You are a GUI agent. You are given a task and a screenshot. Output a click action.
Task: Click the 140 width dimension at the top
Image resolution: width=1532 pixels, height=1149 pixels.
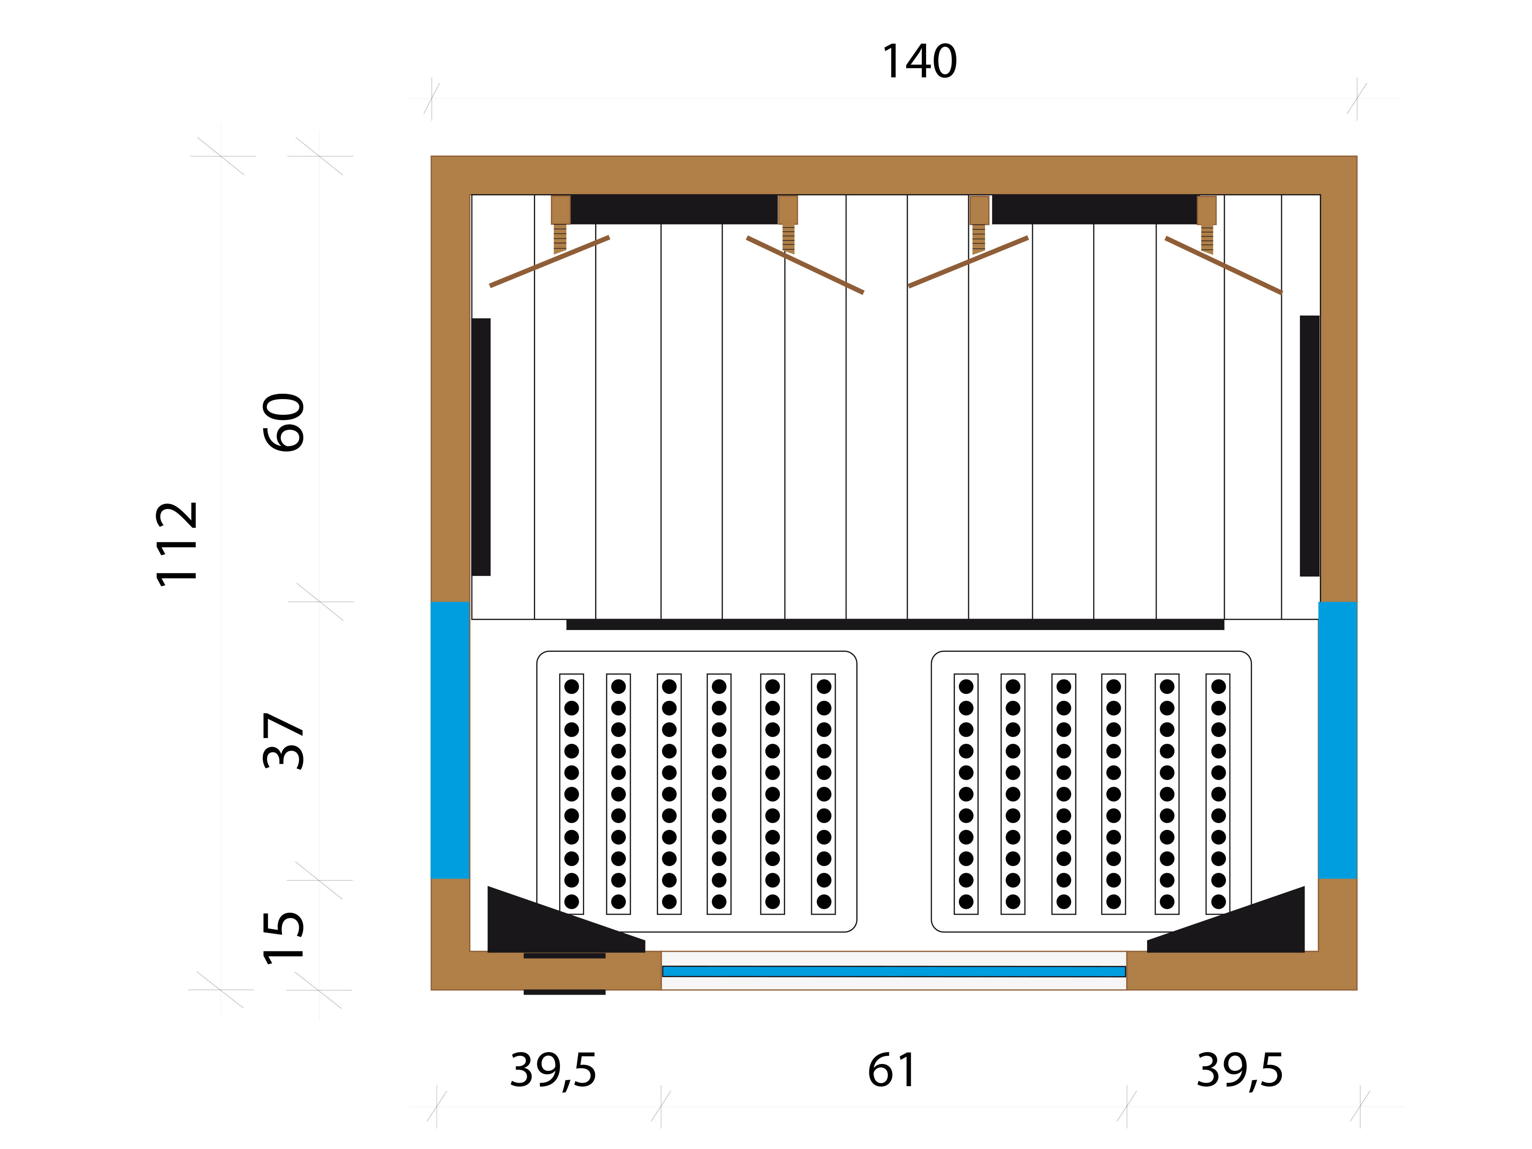pos(919,62)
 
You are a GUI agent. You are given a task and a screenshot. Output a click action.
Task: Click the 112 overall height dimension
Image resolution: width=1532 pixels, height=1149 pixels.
pos(177,544)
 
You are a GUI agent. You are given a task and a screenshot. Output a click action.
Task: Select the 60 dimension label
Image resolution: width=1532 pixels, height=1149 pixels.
pos(284,422)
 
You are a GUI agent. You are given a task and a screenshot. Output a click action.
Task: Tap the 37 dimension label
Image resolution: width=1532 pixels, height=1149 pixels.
pos(284,741)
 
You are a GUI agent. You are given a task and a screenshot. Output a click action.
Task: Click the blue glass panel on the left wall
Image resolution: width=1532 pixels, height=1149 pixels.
pos(450,740)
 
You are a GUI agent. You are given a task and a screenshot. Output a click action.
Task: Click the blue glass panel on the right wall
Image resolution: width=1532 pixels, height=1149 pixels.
pos(1337,740)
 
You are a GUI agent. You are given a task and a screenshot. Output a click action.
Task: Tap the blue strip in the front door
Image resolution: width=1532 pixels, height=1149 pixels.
pos(894,971)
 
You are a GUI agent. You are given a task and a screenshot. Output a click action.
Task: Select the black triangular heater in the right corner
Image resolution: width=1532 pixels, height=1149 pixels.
pos(1226,920)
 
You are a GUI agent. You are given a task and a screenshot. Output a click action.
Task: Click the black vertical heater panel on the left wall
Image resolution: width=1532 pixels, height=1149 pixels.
pos(481,447)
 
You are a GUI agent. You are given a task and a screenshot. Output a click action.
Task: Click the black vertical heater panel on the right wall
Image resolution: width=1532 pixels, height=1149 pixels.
pos(1310,446)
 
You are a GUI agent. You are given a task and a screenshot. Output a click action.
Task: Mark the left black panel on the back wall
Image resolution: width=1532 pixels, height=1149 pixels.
pos(674,209)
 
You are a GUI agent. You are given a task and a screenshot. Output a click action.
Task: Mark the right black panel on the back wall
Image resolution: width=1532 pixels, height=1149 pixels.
pos(1094,209)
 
